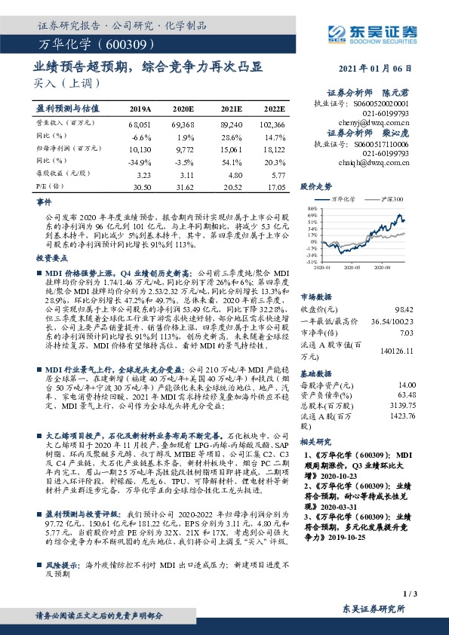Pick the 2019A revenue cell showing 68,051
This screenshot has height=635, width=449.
point(141,122)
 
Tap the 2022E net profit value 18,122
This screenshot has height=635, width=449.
point(272,148)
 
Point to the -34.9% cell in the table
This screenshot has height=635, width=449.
point(141,161)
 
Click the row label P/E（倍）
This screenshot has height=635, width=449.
point(50,186)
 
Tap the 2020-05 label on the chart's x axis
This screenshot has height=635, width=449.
point(352,266)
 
